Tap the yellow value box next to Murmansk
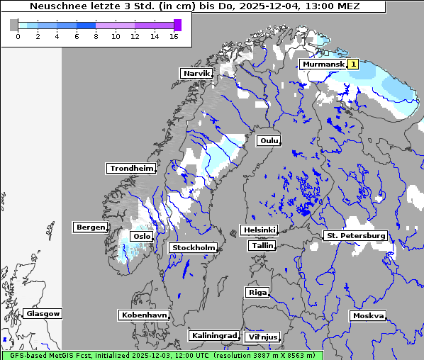point(353,64)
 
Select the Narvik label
point(196,73)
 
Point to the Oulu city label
point(269,140)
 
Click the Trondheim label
point(131,168)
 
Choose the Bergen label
point(89,227)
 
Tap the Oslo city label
point(142,236)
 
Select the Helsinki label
point(259,230)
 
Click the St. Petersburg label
point(355,235)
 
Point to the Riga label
point(257,292)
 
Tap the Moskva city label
point(368,315)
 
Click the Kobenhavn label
point(144,314)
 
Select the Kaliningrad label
point(213,335)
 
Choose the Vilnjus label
point(262,337)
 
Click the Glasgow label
point(43,313)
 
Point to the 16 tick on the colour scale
point(174,35)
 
